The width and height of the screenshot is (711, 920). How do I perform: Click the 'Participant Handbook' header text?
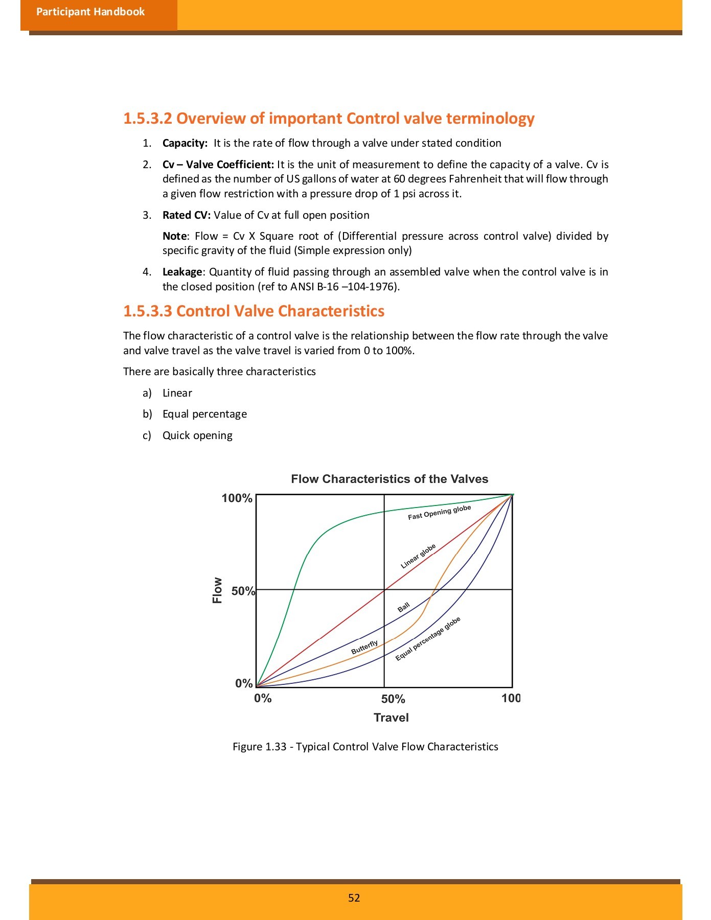tap(90, 12)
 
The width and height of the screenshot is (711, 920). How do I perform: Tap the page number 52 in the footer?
tap(354, 898)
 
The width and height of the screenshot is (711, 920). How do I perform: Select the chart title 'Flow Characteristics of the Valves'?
tap(389, 479)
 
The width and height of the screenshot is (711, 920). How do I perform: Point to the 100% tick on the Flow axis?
tap(237, 498)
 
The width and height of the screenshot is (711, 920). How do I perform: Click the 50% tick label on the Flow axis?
tap(243, 591)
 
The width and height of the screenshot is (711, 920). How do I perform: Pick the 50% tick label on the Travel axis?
tap(393, 699)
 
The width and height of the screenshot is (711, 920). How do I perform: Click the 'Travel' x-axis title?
tap(391, 718)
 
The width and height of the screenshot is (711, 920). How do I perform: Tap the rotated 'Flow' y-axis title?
tap(217, 590)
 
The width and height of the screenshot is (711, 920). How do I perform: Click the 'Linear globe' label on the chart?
tap(418, 556)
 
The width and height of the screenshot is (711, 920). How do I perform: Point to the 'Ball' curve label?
tap(404, 607)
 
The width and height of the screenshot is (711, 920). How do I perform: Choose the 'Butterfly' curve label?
tap(364, 648)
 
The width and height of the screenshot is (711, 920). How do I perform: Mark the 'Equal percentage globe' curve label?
tap(428, 638)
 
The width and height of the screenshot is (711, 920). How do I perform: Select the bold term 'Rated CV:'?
tap(187, 215)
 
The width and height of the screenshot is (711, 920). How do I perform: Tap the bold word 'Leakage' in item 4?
tap(182, 272)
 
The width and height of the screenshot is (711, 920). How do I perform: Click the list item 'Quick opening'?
tap(197, 435)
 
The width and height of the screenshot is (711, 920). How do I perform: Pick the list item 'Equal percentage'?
tap(204, 414)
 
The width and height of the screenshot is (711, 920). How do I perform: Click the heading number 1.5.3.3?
tap(148, 311)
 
